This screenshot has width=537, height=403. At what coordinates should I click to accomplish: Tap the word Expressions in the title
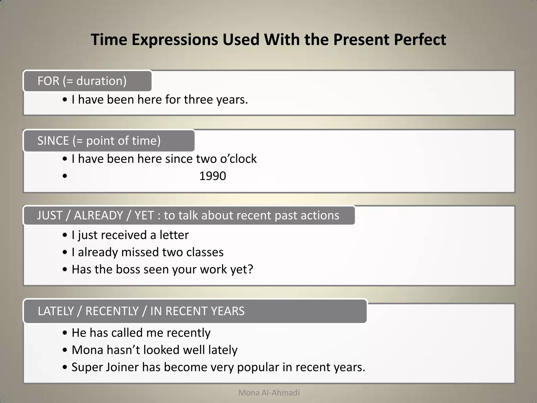click(175, 40)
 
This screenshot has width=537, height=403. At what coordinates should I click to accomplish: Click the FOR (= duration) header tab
click(87, 81)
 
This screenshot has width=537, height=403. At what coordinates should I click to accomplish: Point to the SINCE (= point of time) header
click(109, 141)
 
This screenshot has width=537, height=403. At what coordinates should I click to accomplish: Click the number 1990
click(212, 176)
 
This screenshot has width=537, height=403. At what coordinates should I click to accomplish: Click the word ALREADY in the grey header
click(98, 215)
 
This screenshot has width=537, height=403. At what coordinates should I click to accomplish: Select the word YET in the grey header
click(144, 215)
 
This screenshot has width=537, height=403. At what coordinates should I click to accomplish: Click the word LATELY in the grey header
click(56, 311)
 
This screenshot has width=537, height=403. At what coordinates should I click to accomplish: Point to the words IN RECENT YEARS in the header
click(197, 311)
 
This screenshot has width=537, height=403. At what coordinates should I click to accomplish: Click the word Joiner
click(122, 367)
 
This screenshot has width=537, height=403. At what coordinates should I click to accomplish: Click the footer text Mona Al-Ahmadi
click(269, 393)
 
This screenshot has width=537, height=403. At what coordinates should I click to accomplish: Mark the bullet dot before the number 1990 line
click(65, 176)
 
